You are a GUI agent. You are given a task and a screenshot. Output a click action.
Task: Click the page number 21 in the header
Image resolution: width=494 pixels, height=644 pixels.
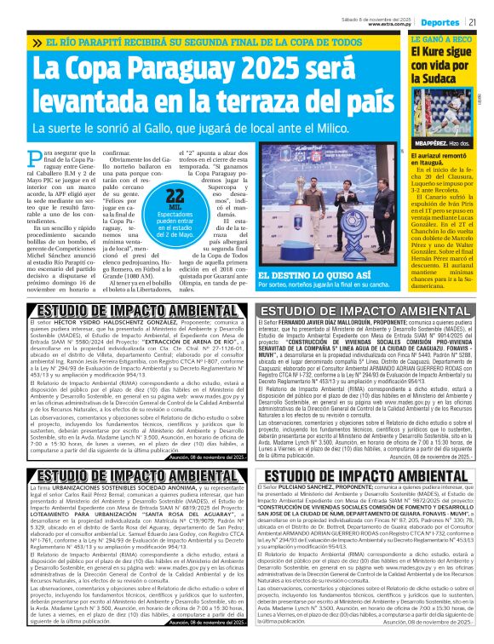(x=482, y=21)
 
